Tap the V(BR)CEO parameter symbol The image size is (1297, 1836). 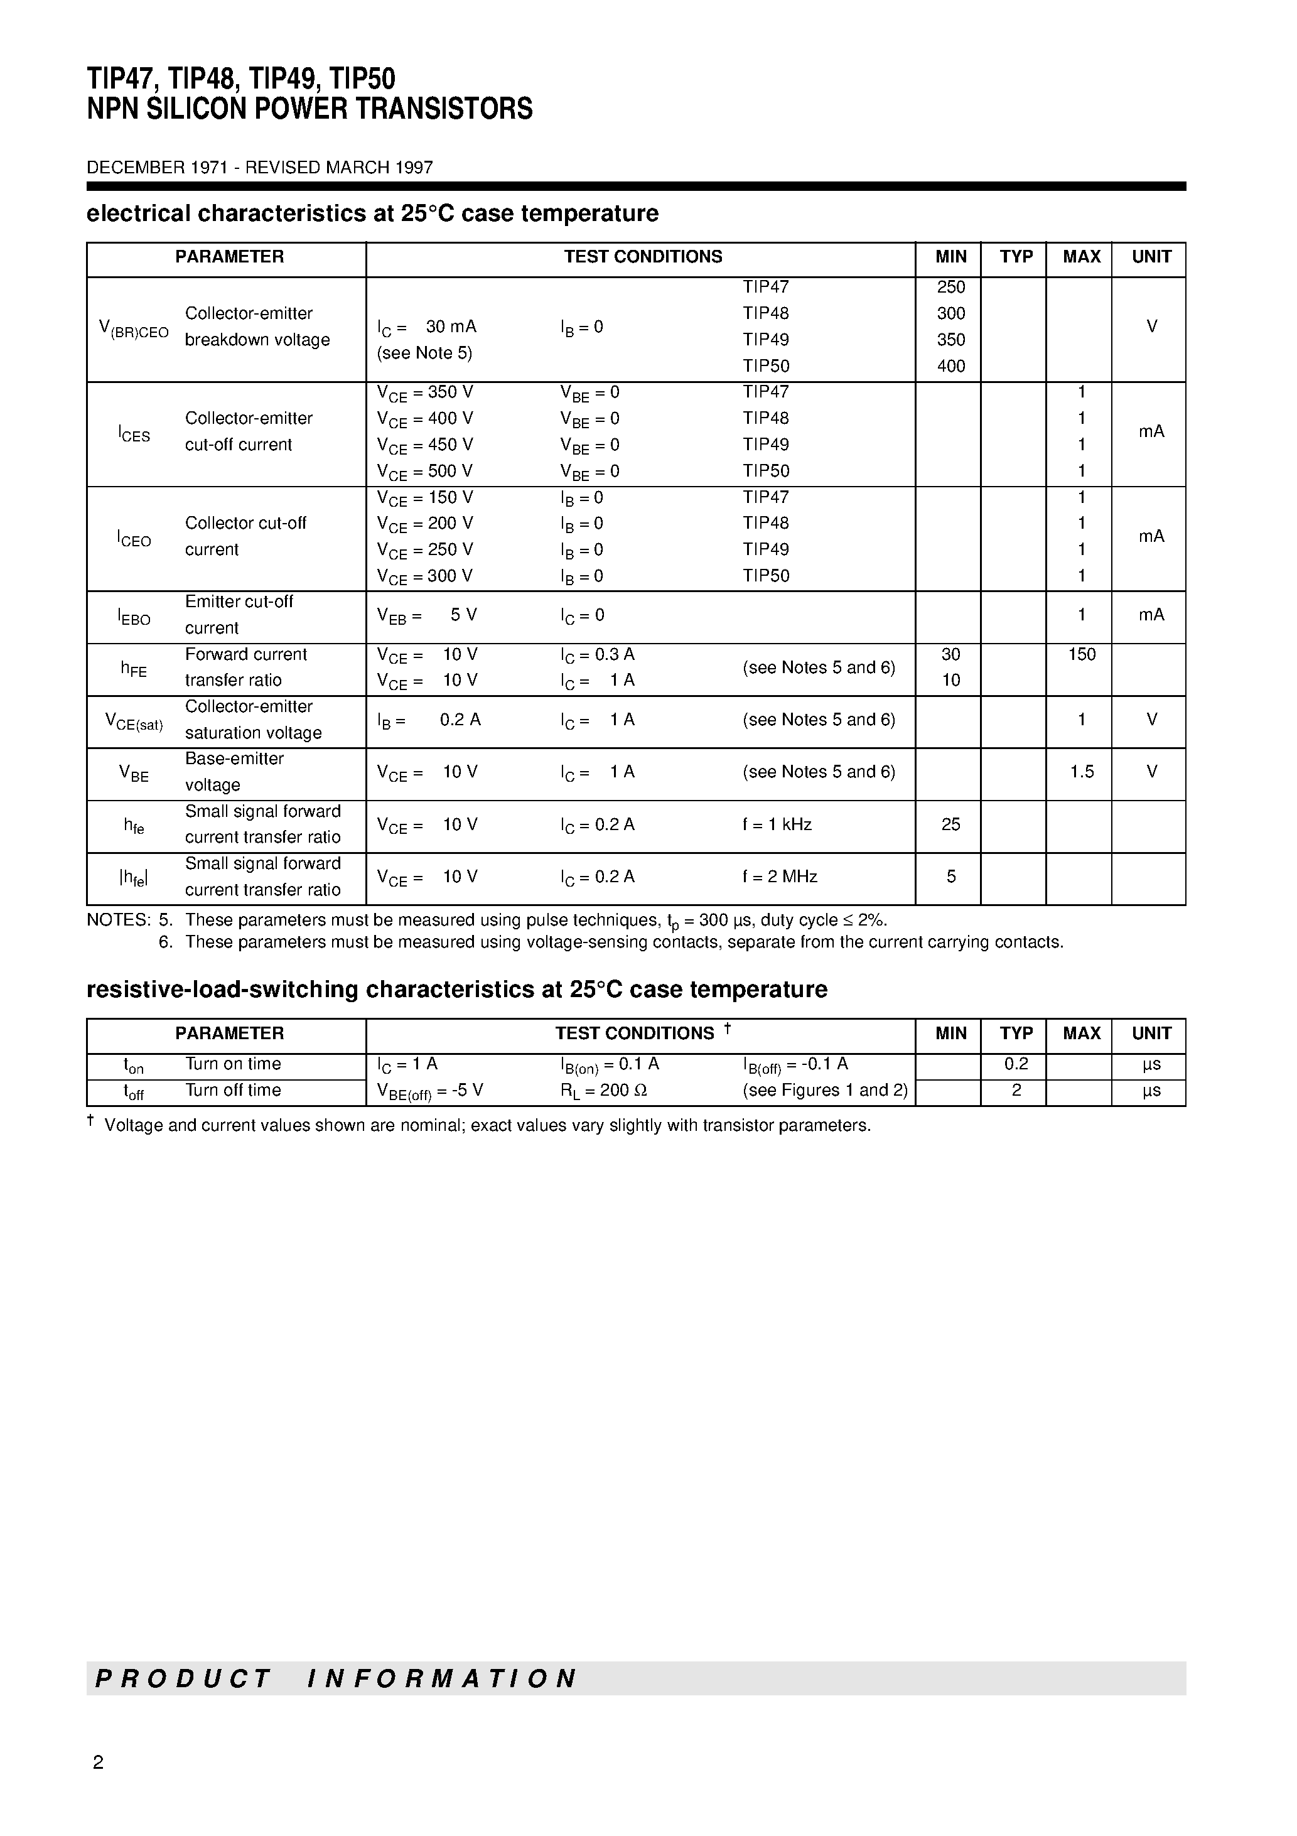coord(134,328)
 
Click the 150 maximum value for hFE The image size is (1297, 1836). coord(1081,655)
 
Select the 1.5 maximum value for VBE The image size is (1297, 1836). coord(1081,772)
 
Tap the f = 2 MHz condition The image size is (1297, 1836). coord(780,877)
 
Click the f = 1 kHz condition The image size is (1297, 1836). coord(777,824)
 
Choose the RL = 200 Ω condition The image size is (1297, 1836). coord(604,1091)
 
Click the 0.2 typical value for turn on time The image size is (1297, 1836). coord(1016,1064)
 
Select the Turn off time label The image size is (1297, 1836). coord(233,1091)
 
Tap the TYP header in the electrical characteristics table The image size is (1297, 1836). coord(1016,257)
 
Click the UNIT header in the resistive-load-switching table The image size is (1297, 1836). coord(1151,1033)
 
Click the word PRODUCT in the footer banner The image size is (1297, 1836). coord(183,1678)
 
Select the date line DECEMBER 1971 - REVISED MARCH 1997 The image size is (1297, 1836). coord(260,168)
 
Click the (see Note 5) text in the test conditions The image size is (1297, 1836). coord(424,354)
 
